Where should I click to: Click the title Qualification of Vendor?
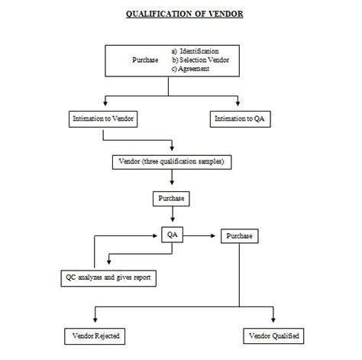click(x=184, y=14)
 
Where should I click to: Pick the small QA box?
click(x=173, y=235)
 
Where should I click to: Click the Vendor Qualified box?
click(x=273, y=336)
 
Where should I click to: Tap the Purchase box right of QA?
click(x=240, y=236)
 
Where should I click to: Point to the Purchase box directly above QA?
click(x=171, y=198)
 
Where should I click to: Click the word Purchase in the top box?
click(x=144, y=60)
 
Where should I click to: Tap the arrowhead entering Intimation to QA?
click(x=238, y=107)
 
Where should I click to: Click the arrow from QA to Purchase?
click(x=200, y=236)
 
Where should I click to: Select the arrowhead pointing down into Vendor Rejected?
click(x=95, y=323)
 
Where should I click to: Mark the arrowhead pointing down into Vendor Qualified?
click(x=273, y=323)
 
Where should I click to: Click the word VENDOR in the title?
click(x=222, y=14)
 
